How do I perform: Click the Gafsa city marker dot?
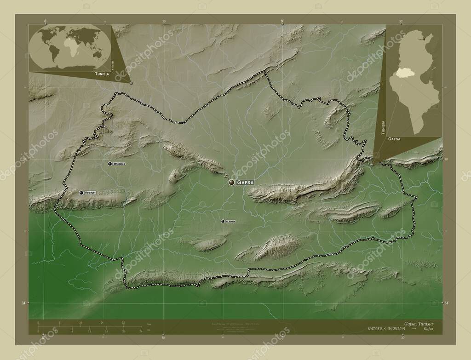coord(231,183)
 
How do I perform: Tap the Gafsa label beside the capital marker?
coord(245,183)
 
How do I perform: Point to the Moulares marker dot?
coord(109,164)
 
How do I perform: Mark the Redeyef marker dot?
coord(81,193)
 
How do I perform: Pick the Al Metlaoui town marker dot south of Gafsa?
coord(223,221)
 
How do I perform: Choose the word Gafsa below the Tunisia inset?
coord(394,138)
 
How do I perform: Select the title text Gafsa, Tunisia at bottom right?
coord(418,324)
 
